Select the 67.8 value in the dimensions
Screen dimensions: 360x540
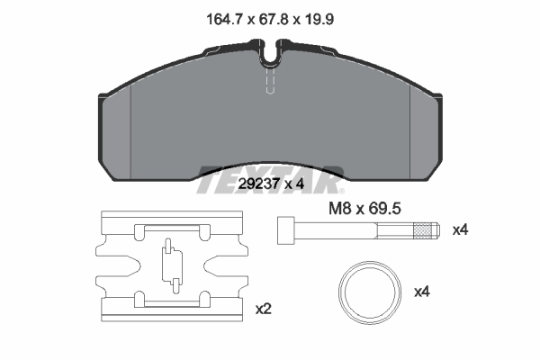pos(268,19)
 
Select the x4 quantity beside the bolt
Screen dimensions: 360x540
pos(460,230)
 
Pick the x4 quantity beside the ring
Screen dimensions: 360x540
pos(422,292)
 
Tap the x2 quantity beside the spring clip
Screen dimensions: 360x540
pos(263,309)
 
